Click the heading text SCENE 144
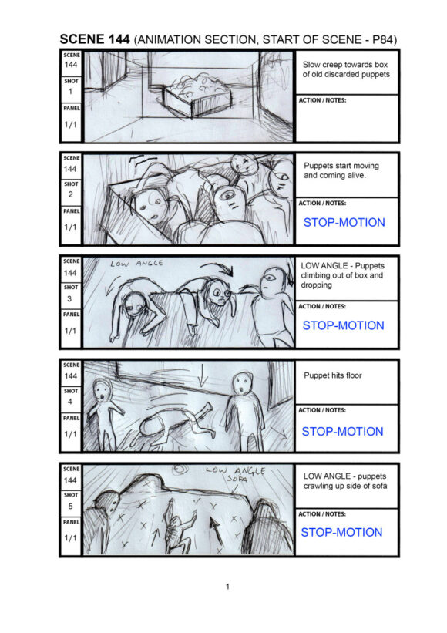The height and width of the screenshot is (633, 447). pyautogui.click(x=95, y=39)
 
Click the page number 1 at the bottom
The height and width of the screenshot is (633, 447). pyautogui.click(x=227, y=587)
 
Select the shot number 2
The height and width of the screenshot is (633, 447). pyautogui.click(x=70, y=194)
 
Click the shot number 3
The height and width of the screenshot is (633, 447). pyautogui.click(x=69, y=298)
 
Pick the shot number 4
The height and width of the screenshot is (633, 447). pyautogui.click(x=70, y=402)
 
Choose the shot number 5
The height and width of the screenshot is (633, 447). pyautogui.click(x=70, y=506)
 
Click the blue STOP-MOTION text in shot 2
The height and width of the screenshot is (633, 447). pyautogui.click(x=344, y=223)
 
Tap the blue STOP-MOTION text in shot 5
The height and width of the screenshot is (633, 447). pyautogui.click(x=341, y=532)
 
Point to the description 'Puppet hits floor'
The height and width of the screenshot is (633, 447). pyautogui.click(x=333, y=375)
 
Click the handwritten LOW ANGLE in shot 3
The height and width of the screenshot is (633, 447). pyautogui.click(x=136, y=264)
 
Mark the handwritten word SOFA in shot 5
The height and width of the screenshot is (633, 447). pyautogui.click(x=237, y=480)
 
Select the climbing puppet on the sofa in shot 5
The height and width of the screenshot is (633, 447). pyautogui.click(x=177, y=527)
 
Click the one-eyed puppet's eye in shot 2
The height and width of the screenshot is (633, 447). pyautogui.click(x=227, y=196)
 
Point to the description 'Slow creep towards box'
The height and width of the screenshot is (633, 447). pyautogui.click(x=345, y=65)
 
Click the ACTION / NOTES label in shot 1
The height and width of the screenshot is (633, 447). pyautogui.click(x=322, y=100)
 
